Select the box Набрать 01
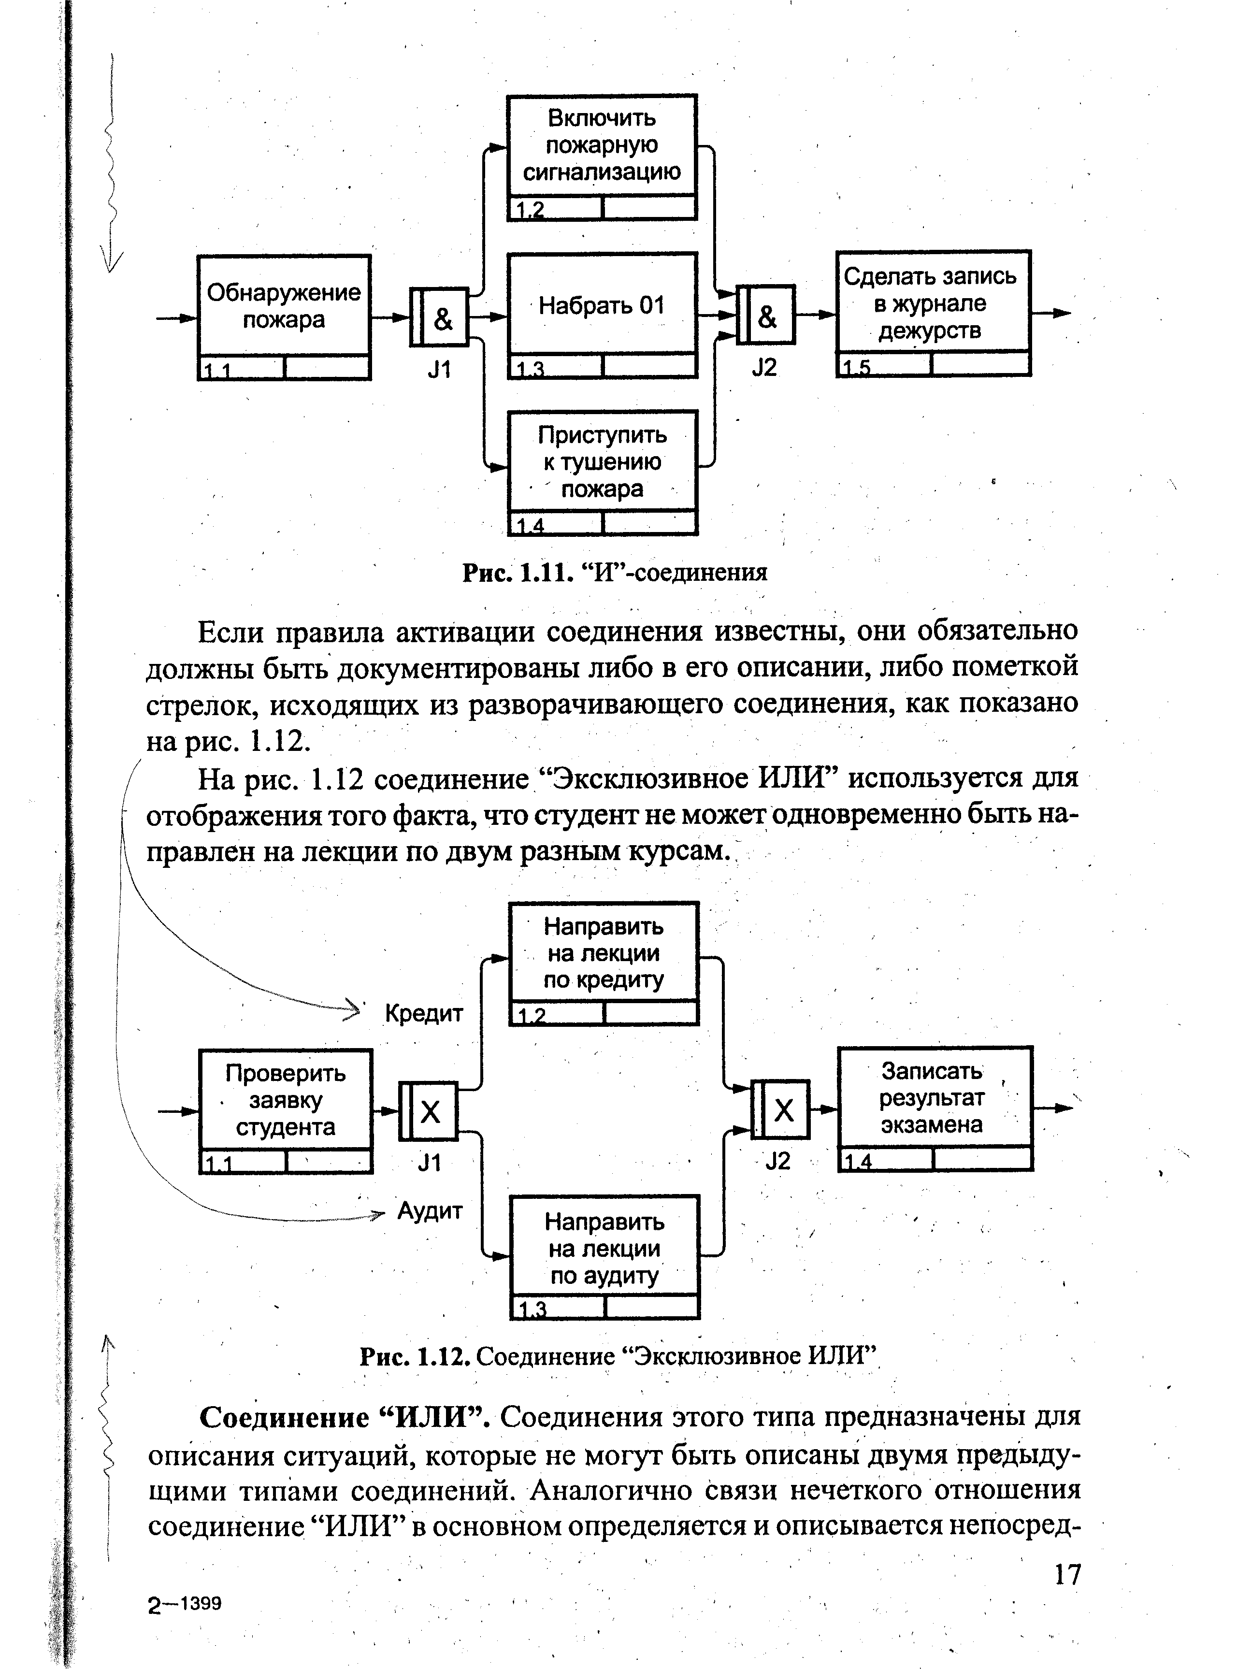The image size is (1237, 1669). tap(602, 305)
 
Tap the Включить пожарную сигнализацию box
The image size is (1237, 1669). tap(602, 146)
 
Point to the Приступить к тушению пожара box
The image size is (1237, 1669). tap(602, 462)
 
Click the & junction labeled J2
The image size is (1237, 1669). tap(766, 315)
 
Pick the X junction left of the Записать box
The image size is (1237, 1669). tap(781, 1109)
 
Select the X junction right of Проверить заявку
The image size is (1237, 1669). tap(428, 1112)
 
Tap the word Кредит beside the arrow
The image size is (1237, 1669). tap(424, 1014)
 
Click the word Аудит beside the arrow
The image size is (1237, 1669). tap(430, 1211)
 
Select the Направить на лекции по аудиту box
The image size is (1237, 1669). tap(604, 1248)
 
